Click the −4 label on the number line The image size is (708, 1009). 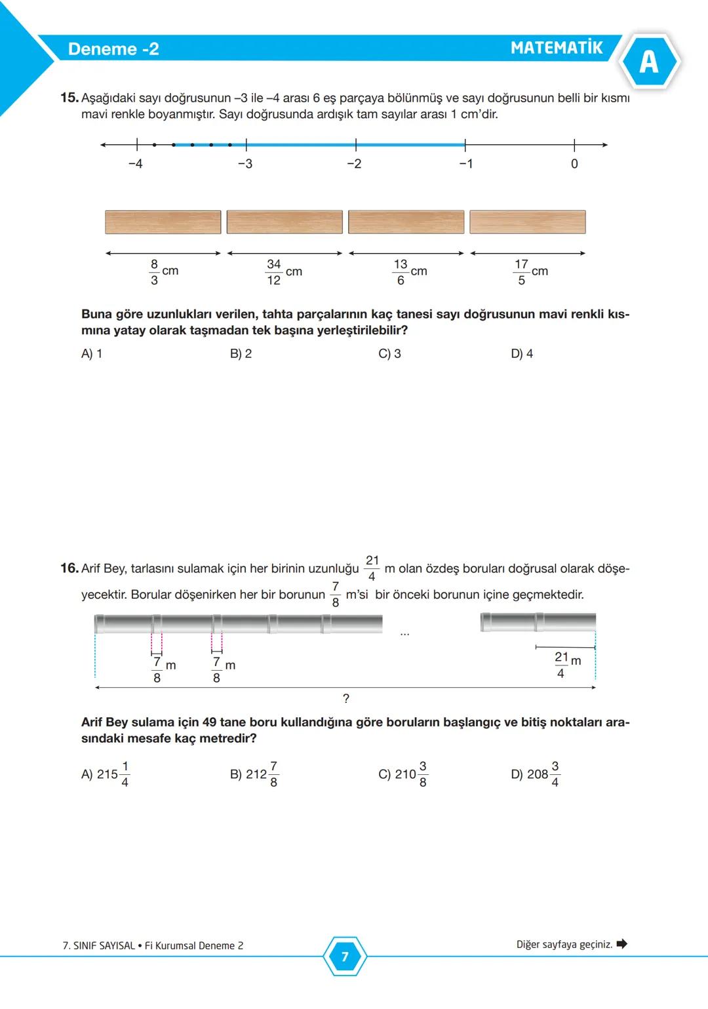coord(135,164)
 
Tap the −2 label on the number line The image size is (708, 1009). coord(354,164)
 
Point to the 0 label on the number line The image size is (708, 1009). coord(574,164)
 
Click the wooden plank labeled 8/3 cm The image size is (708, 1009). coord(163,222)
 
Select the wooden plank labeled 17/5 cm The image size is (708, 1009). coord(528,222)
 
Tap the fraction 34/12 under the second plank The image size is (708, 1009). coord(273,272)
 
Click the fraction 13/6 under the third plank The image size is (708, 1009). coord(401,272)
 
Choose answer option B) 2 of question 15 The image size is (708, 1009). coord(241,354)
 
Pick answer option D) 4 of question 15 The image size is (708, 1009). coord(522,354)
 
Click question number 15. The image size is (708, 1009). coord(69,98)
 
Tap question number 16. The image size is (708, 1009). coord(69,568)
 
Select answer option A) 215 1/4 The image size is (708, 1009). coord(106,774)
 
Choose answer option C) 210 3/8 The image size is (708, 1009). coord(403,774)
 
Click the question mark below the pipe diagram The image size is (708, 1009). coord(346,699)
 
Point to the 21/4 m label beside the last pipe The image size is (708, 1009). coord(567,665)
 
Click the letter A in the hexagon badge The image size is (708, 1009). coord(648,62)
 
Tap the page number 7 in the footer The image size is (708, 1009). coord(345,957)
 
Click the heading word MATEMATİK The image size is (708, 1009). coord(556,48)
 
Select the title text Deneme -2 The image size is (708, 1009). coord(113,49)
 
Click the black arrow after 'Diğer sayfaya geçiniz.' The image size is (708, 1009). coord(622,944)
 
